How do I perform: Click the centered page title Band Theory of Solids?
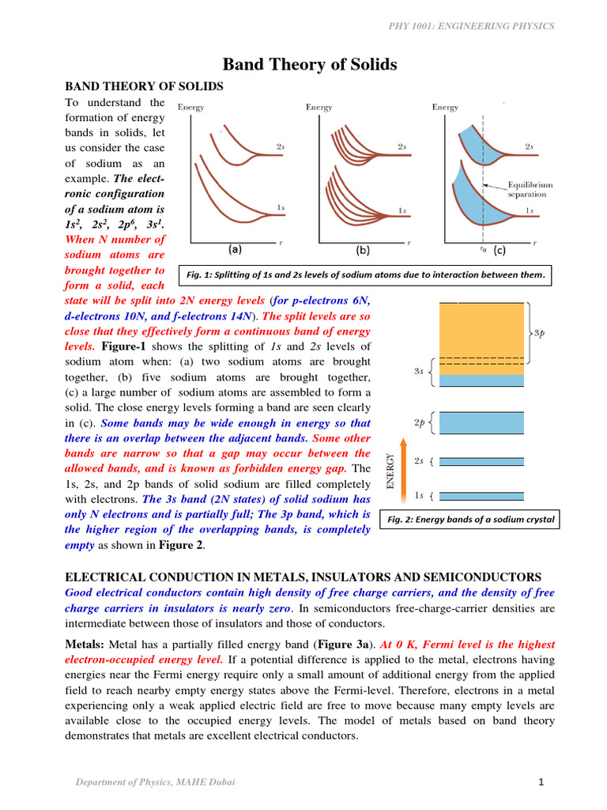[x=309, y=64]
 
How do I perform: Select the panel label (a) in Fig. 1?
[x=236, y=250]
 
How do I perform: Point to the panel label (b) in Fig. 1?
[x=362, y=250]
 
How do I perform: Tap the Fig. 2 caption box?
[x=469, y=520]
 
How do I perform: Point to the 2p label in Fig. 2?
[x=420, y=423]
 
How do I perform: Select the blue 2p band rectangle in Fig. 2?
[x=482, y=423]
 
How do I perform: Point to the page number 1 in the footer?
[x=541, y=783]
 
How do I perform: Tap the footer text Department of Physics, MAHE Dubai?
[x=155, y=783]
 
